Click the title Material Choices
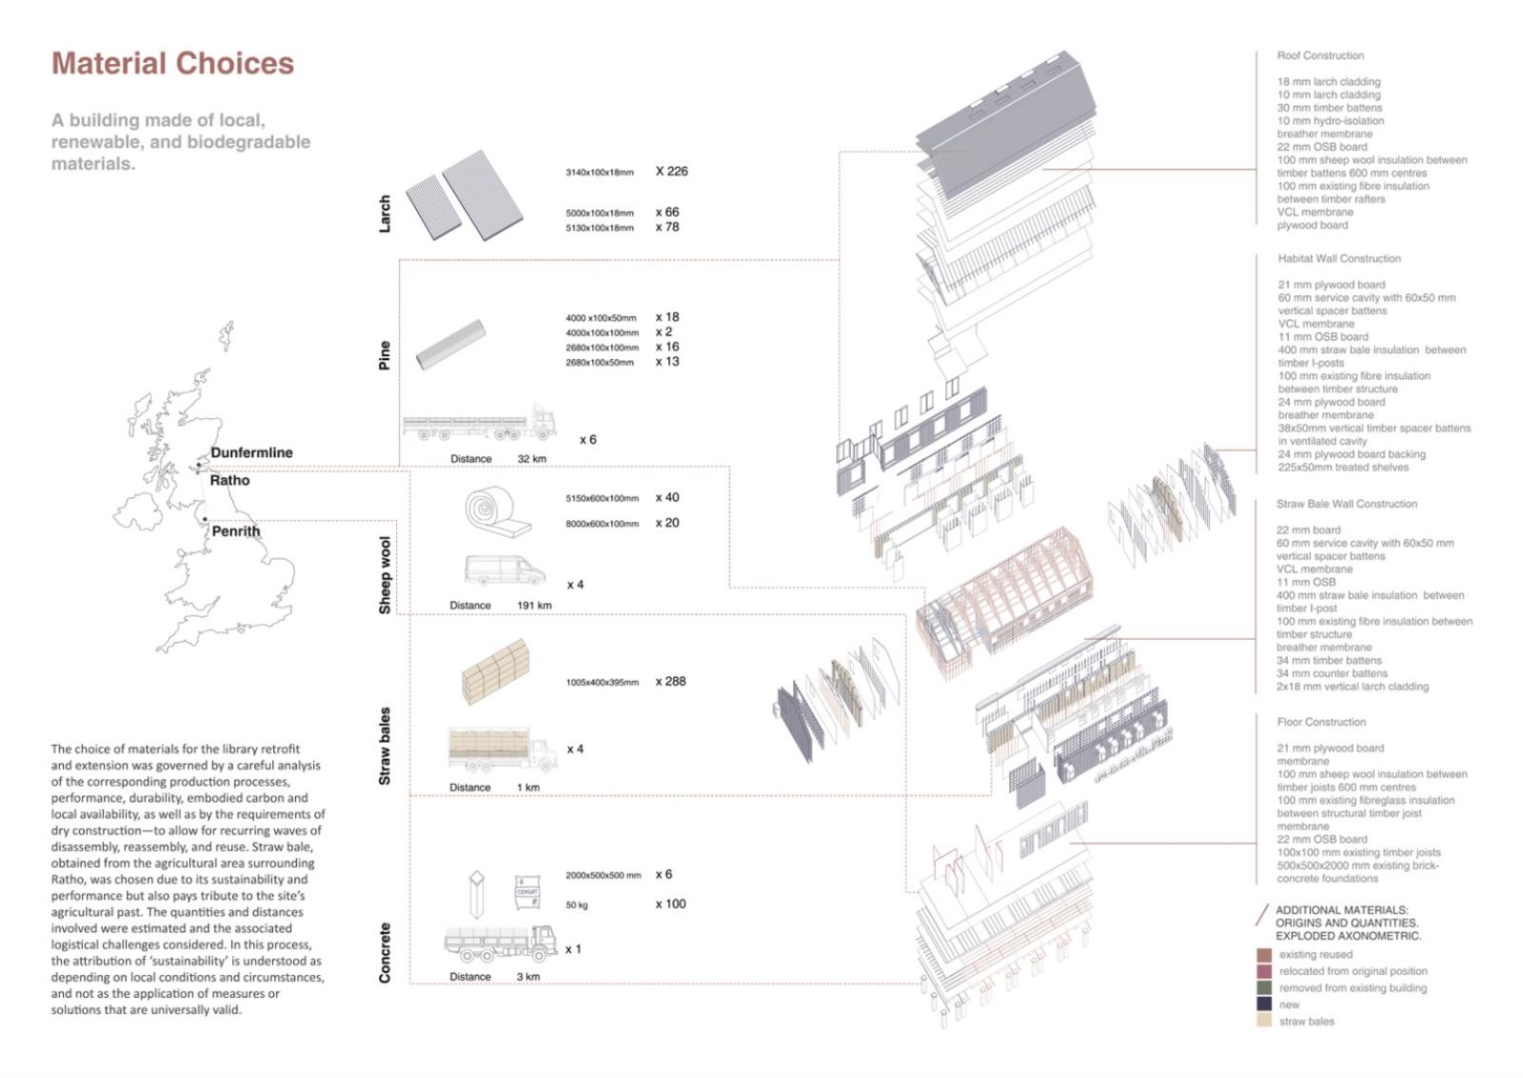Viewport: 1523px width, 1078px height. pos(172,63)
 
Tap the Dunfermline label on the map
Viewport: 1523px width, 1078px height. pos(251,452)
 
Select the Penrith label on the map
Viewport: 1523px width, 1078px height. pos(235,531)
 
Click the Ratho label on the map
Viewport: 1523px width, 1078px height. pos(229,480)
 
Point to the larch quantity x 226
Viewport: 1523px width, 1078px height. pos(671,171)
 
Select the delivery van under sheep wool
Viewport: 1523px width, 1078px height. pos(504,569)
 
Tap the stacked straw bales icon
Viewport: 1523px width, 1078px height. pos(495,671)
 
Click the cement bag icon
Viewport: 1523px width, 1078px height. pos(527,892)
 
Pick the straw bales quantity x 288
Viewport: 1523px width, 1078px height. pos(670,682)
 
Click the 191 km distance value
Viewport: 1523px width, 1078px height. pos(534,606)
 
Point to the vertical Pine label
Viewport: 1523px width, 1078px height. pos(385,355)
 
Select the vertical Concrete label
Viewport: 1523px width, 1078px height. pos(385,952)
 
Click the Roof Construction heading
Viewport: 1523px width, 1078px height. pos(1320,56)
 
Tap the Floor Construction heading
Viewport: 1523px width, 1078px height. pos(1321,722)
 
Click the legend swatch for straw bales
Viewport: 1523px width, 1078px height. pos(1264,1021)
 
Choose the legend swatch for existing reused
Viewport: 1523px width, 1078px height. pos(1264,955)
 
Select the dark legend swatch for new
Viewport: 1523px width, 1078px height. pos(1264,1004)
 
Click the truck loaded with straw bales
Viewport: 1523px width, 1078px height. pos(503,749)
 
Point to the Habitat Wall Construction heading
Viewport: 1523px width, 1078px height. pos(1339,259)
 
